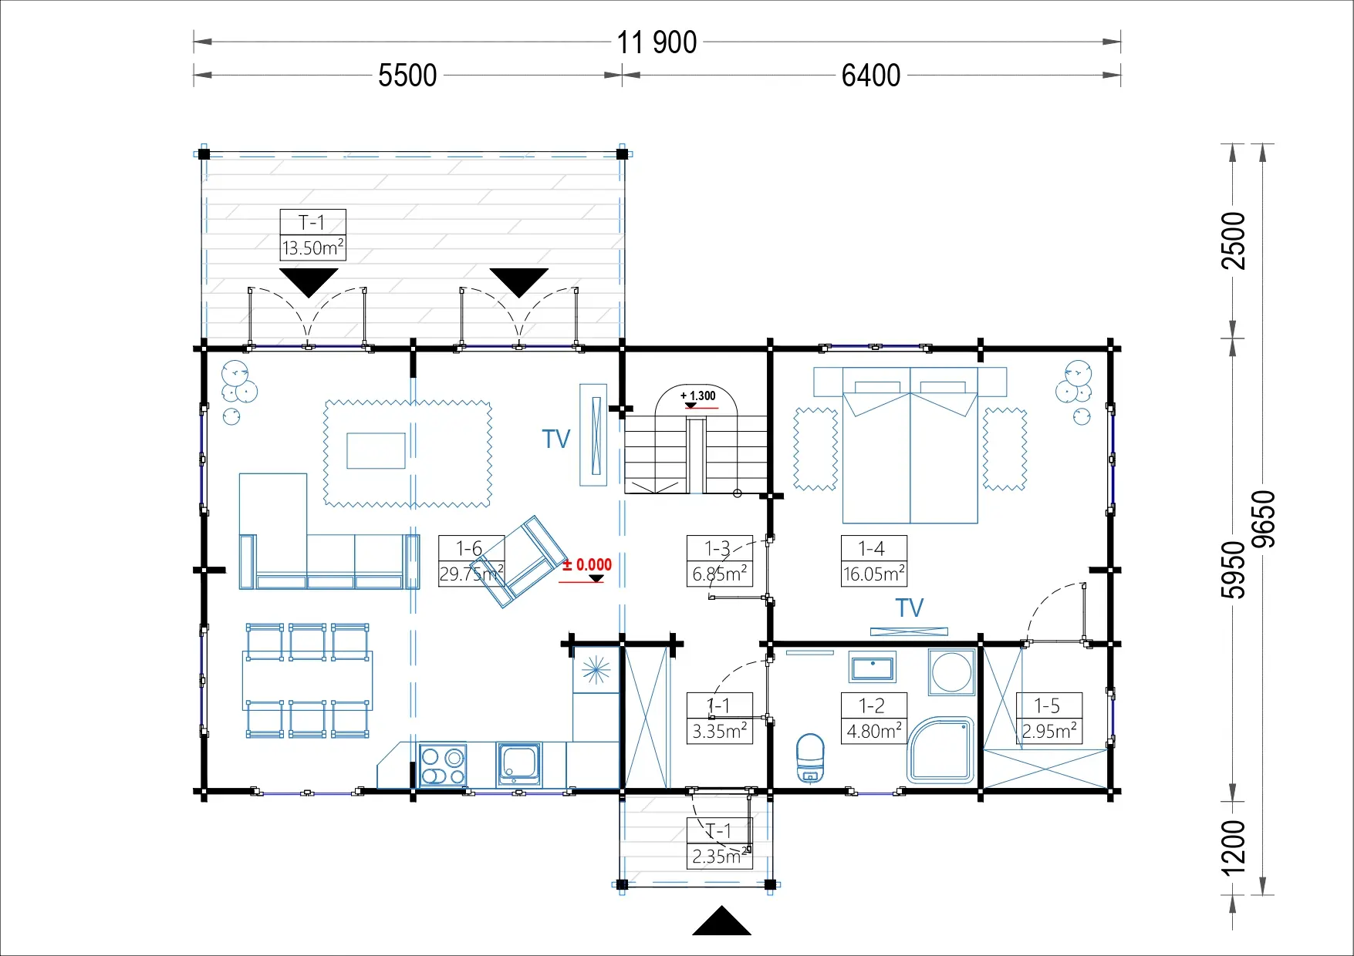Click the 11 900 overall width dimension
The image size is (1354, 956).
657,42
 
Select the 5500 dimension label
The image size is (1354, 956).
407,76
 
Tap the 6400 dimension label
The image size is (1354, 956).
871,76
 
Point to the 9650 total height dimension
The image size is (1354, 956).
1263,519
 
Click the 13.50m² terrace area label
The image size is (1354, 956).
312,248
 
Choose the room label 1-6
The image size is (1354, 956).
469,548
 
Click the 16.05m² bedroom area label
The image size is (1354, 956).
874,574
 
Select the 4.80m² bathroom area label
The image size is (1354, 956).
874,730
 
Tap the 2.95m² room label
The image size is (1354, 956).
1049,730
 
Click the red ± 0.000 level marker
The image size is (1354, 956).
587,565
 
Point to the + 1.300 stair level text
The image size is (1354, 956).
698,396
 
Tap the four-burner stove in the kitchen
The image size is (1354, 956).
443,766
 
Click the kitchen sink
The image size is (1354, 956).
519,764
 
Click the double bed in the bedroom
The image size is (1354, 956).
910,446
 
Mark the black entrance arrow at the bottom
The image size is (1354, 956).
721,921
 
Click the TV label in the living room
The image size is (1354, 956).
555,439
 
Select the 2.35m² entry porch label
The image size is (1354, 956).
720,856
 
